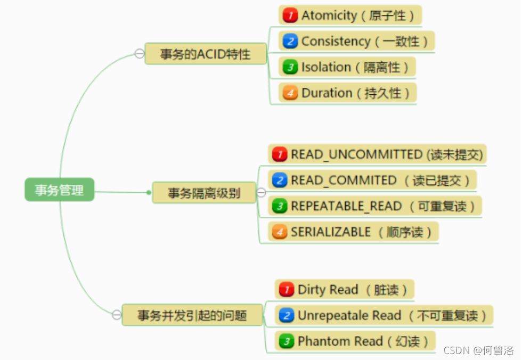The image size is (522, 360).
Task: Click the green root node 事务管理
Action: point(59,190)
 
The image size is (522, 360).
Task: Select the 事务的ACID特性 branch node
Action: point(205,54)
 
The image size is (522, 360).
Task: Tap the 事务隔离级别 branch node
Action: point(204,193)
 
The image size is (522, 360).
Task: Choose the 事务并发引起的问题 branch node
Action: point(192,315)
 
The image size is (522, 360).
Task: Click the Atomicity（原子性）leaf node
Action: point(350,15)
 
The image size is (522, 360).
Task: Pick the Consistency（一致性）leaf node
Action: point(357,41)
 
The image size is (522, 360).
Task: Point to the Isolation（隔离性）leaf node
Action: point(347,67)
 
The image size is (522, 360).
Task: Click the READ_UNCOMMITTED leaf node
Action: point(378,154)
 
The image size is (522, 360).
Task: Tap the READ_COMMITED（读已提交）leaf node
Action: point(372,180)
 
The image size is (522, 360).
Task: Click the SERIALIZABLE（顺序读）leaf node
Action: point(354,232)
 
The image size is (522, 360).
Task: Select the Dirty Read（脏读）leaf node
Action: point(345,290)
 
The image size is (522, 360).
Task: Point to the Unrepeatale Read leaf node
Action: point(384,315)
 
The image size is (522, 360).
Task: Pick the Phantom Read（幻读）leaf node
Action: point(355,341)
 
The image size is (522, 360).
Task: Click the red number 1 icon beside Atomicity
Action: point(290,15)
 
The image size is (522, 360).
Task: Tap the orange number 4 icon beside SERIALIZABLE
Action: point(280,232)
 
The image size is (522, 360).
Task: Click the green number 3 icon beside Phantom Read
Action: point(287,341)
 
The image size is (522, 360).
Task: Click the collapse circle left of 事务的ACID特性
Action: point(140,54)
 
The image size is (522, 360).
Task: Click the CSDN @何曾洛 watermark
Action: point(478,350)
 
